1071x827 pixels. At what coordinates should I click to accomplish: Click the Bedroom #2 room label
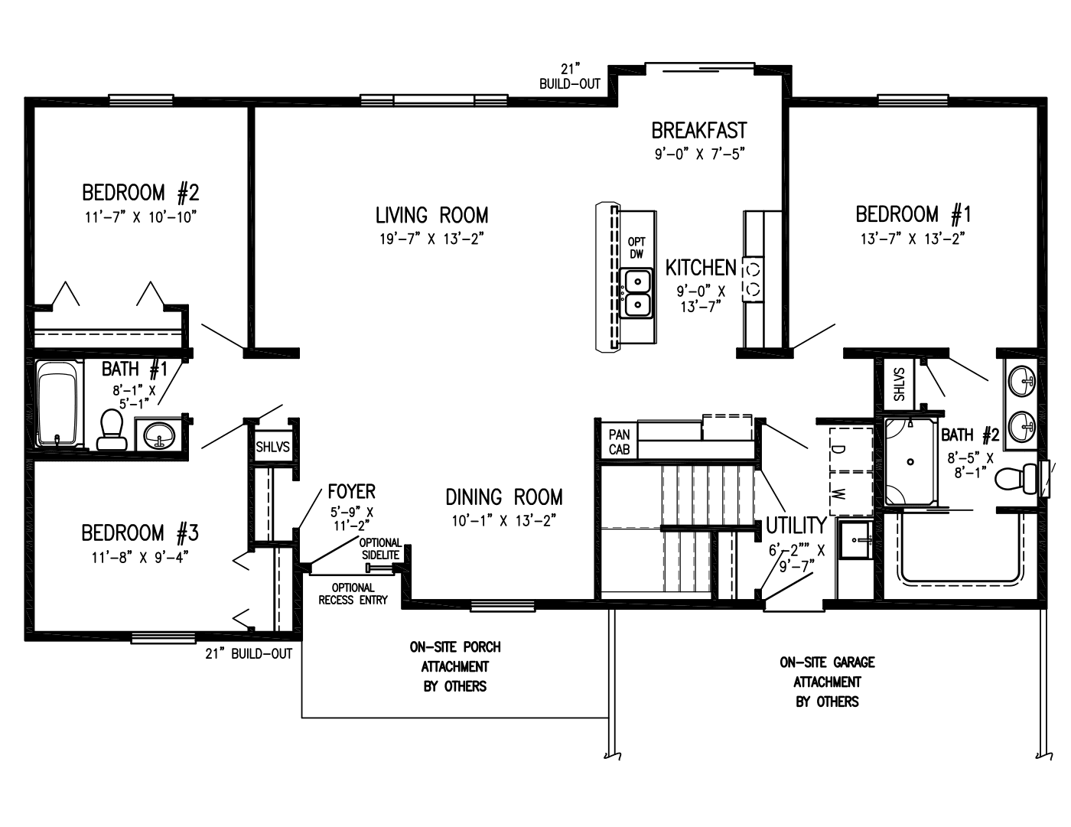tap(140, 191)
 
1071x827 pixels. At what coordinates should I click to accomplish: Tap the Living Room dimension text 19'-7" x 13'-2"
tap(431, 239)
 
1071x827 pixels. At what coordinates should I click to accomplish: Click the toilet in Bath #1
tap(111, 429)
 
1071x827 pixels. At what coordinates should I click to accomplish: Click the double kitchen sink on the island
tap(636, 293)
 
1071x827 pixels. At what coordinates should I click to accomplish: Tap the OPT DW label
tap(636, 248)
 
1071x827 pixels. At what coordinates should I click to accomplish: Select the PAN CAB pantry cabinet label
tap(619, 442)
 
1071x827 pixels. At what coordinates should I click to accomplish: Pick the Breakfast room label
tap(698, 131)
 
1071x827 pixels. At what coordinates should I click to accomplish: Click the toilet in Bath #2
tap(1014, 479)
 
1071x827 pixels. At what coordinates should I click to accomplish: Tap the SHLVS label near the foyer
tap(272, 447)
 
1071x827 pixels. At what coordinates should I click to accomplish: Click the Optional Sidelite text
tap(380, 549)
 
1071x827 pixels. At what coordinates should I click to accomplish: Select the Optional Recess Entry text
tap(353, 594)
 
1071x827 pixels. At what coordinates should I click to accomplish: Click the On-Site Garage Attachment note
tap(827, 682)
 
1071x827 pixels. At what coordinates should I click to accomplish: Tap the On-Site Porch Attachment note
tap(455, 666)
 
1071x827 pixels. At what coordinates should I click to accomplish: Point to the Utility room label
tap(796, 526)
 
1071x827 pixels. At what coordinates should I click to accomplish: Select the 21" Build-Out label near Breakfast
tap(570, 77)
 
